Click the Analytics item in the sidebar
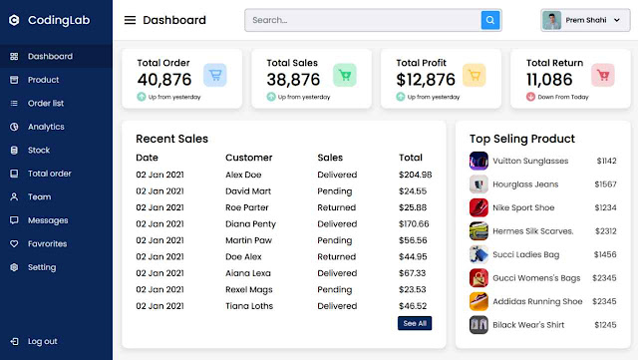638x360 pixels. pos(46,127)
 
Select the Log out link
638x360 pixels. pos(42,341)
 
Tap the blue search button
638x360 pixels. pos(490,20)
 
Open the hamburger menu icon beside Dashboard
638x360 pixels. pos(130,20)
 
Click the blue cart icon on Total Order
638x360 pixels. pos(214,75)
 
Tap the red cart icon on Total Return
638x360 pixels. pos(602,75)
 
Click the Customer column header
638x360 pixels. pos(248,158)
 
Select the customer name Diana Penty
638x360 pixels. pos(250,223)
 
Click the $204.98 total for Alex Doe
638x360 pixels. pos(415,175)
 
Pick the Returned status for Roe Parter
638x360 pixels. pos(337,207)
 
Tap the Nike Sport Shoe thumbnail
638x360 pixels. pos(478,207)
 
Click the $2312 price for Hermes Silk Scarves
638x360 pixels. pos(605,230)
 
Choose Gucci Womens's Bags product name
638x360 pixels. pos(536,277)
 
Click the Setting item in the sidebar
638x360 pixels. pos(42,267)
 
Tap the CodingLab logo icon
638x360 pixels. pos(14,20)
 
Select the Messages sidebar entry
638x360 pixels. pos(48,220)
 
